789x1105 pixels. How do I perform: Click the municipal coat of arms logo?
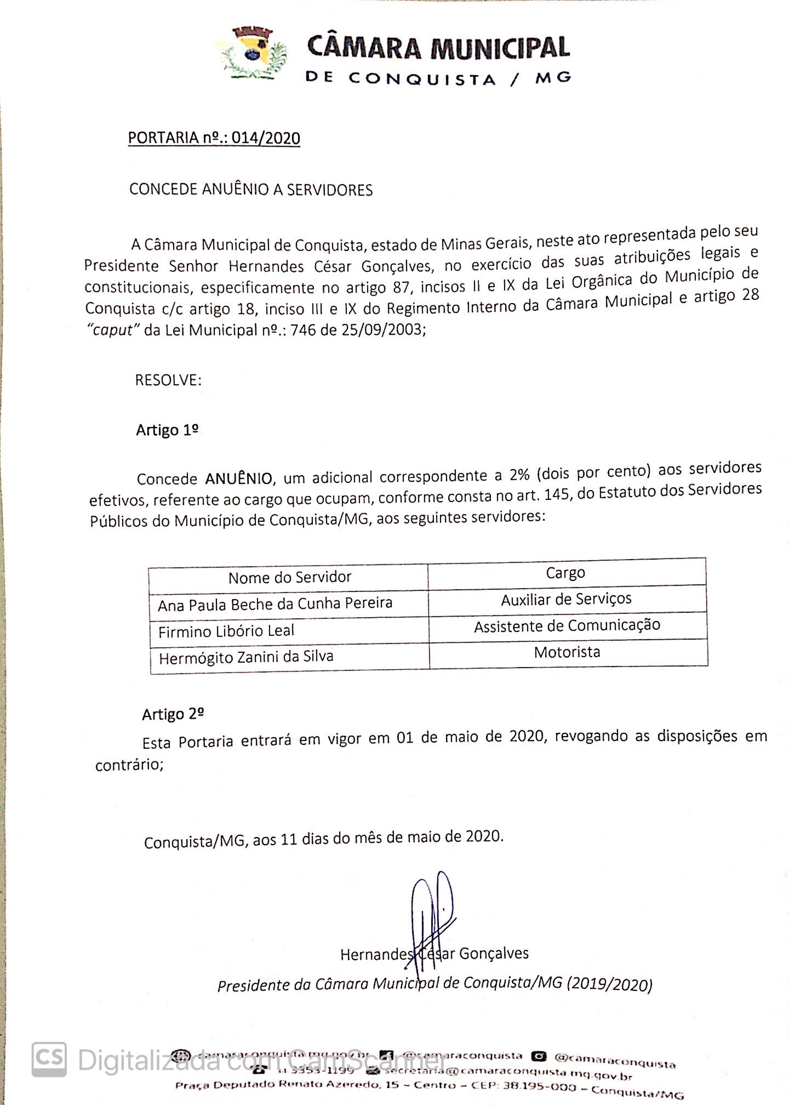click(x=253, y=54)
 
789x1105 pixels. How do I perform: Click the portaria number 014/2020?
click(x=266, y=138)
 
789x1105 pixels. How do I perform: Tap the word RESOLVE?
click(x=168, y=380)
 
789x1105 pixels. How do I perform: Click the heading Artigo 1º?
click(x=167, y=430)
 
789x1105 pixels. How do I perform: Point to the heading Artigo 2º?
click(x=173, y=714)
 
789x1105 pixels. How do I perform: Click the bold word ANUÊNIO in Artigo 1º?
click(x=238, y=479)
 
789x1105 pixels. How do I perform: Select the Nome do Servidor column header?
click(x=289, y=577)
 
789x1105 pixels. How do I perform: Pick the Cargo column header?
click(x=565, y=573)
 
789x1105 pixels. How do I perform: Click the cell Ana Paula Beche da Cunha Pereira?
click(x=275, y=604)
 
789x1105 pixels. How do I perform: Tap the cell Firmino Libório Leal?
click(x=226, y=631)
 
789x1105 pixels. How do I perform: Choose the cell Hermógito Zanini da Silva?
click(x=246, y=657)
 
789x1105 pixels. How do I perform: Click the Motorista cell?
click(x=567, y=652)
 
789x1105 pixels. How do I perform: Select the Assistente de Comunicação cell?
click(x=567, y=625)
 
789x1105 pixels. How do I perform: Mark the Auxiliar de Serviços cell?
click(x=566, y=599)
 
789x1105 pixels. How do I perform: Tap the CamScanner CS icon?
click(x=49, y=1059)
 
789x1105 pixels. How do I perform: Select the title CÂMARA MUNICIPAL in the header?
click(x=438, y=47)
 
